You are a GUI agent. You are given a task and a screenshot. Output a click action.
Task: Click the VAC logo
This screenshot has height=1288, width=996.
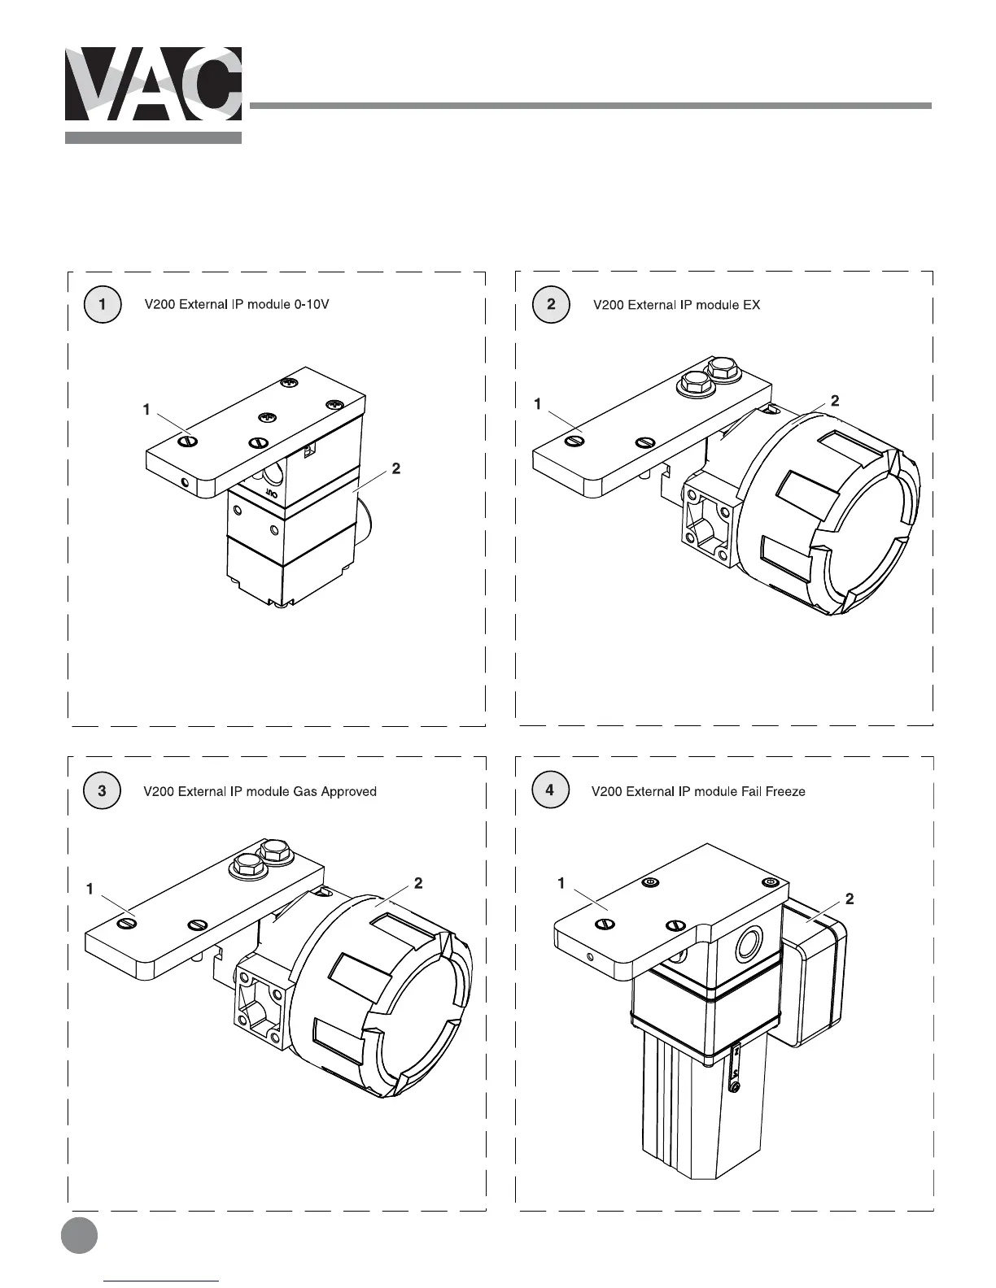coord(153,84)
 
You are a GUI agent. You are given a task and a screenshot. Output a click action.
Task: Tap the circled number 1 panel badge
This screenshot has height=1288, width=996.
coord(102,305)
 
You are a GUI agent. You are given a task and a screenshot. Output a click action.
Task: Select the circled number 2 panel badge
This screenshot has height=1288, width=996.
coord(551,305)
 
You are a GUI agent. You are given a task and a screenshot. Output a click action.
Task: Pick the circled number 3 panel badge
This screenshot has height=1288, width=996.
coord(102,791)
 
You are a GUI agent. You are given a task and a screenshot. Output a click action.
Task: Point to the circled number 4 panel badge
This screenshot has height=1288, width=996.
coord(550,791)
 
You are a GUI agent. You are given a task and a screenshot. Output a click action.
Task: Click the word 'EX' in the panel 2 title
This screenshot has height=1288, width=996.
coord(751,305)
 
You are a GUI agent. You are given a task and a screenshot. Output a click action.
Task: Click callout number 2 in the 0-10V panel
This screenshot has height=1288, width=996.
coord(395,469)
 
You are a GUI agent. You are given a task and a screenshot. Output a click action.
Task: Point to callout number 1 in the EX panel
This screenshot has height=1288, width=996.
coord(538,404)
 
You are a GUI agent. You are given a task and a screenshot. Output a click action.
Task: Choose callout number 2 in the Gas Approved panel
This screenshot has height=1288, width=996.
coord(417,883)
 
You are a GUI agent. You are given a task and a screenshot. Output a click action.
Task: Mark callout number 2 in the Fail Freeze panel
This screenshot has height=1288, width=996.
coord(850,899)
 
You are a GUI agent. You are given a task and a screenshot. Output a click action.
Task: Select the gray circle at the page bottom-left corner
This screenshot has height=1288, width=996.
coord(79,1234)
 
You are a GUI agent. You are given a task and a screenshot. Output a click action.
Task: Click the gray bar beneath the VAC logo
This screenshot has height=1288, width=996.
coord(153,137)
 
